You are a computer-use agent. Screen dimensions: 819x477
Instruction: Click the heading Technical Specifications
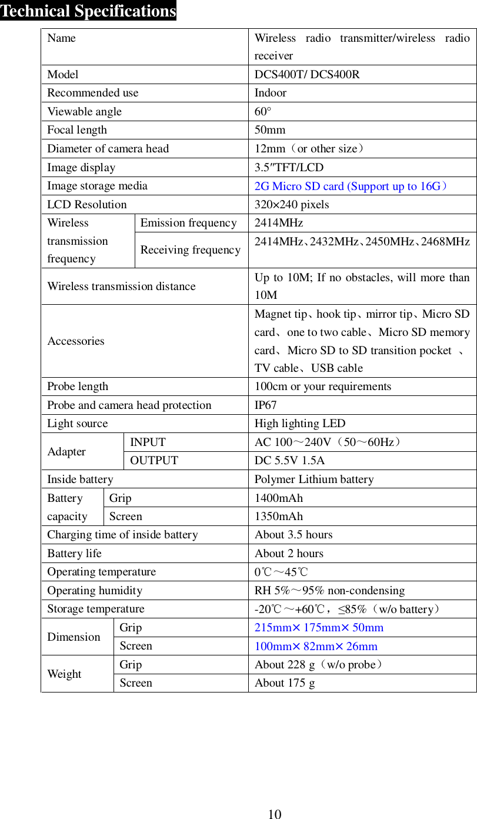coord(88,11)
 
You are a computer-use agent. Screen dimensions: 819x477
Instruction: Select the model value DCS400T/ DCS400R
coord(307,75)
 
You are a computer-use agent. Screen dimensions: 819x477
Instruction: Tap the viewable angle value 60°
coord(263,112)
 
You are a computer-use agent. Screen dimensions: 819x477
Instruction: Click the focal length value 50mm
coord(270,130)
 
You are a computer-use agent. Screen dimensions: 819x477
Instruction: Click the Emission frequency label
coord(188,223)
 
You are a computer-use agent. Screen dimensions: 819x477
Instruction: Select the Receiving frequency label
coord(191,250)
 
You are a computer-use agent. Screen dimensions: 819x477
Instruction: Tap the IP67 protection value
coord(265,405)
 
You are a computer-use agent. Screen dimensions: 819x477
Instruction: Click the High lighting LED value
coord(300,424)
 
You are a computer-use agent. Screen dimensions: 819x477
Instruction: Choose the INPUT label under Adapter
coord(148,442)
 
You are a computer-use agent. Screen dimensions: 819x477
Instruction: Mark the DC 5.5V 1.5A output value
coord(289,461)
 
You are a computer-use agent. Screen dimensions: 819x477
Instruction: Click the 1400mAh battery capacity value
coord(279,498)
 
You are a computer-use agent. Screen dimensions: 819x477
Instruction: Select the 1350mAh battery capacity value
coord(279,517)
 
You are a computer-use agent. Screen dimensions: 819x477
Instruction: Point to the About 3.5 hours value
coord(293,535)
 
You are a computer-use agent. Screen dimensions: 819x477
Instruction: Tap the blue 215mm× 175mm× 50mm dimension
coord(319,628)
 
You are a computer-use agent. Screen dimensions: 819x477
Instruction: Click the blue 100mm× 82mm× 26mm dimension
coord(316,647)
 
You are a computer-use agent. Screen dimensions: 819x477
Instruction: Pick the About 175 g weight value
coord(285,683)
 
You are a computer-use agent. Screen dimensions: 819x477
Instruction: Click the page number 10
coord(275,814)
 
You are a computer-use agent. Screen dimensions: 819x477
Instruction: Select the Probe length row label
coord(78,387)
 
